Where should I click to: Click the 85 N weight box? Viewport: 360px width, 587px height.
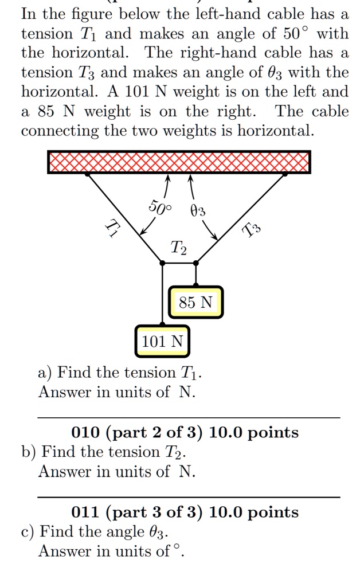(195, 302)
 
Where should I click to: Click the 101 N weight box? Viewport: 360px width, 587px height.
(162, 342)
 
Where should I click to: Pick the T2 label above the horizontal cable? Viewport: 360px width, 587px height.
(178, 248)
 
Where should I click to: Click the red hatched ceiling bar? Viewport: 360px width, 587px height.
(179, 162)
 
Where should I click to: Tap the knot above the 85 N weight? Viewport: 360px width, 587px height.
(196, 263)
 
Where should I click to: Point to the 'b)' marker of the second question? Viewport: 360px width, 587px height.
(29, 452)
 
